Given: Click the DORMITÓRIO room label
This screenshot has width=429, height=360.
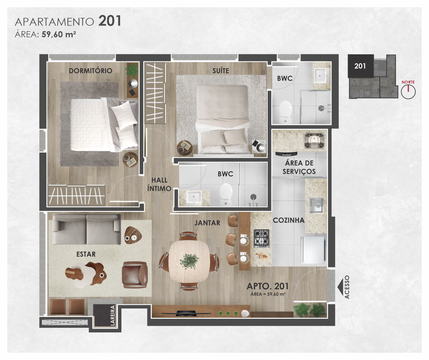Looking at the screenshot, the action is (90, 71).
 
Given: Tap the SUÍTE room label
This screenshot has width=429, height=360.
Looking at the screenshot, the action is (221, 71).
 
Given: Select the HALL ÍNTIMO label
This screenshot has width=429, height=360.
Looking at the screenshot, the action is (159, 184).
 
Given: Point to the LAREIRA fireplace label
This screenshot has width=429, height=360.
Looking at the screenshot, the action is (113, 316).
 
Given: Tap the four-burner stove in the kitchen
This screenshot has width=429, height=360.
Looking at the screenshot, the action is (262, 239).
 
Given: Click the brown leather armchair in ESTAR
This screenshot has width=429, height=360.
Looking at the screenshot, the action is (135, 275).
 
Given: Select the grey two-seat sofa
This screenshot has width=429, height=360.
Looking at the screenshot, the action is (87, 229).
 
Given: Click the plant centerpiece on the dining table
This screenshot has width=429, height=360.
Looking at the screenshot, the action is (189, 261).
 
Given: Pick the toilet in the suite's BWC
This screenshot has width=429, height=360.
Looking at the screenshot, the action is (286, 112).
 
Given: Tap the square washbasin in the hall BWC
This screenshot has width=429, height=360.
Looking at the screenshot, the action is (194, 198).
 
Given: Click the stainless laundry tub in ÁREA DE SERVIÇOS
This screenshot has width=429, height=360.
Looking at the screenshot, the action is (314, 141).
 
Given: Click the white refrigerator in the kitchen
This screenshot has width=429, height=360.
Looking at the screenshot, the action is (313, 250).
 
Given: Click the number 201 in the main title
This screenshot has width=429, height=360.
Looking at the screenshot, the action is (110, 21).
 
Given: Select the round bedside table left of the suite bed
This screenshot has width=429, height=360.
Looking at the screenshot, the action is (185, 148).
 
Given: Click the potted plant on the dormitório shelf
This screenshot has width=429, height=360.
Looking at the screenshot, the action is (132, 69).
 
